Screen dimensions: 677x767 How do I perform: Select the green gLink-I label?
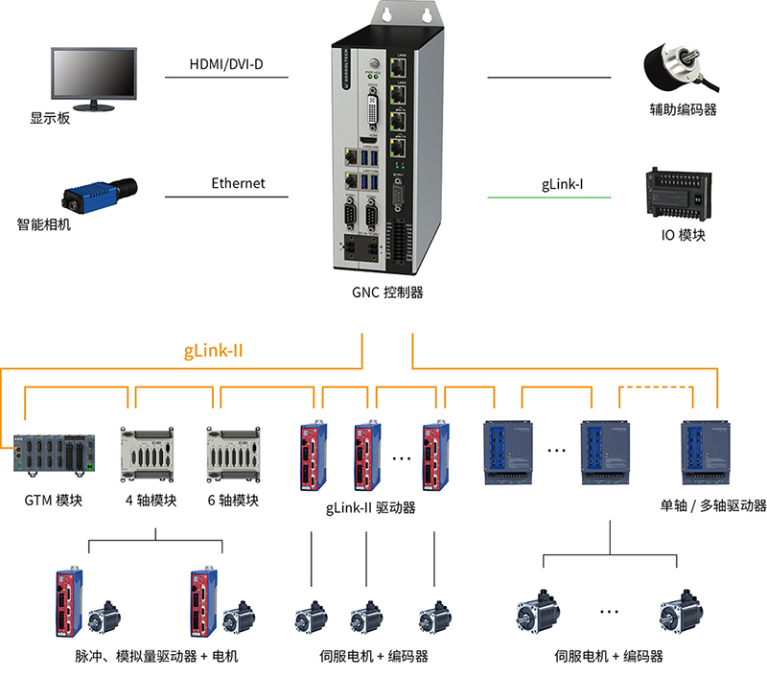[x=556, y=183]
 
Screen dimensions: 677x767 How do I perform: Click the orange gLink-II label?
[x=213, y=351]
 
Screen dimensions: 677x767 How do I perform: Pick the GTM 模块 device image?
[x=54, y=454]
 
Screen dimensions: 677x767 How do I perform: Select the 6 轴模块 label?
[x=234, y=501]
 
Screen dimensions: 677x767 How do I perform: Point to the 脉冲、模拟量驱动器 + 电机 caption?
[x=156, y=657]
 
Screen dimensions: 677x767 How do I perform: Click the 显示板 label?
[x=50, y=119]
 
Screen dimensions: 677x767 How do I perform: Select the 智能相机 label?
[x=44, y=226]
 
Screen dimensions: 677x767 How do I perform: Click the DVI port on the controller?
[x=378, y=112]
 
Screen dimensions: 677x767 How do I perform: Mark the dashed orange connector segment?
[x=657, y=386]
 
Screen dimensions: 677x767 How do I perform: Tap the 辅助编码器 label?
[x=683, y=110]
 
